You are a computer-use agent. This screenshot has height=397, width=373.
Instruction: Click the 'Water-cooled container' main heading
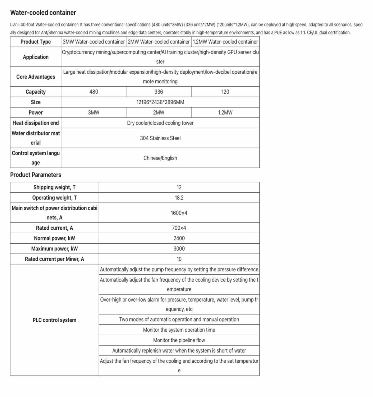tap(43, 13)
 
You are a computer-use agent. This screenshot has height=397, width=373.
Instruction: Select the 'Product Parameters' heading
tap(35, 175)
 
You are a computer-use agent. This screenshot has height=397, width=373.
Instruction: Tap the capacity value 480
tap(94, 92)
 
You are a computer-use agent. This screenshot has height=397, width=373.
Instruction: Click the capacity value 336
tap(158, 92)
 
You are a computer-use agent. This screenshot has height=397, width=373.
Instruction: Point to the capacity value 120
tap(225, 92)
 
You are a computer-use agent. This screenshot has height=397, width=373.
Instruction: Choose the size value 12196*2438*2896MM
tap(160, 102)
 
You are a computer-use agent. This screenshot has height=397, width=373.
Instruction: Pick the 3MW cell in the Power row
tap(94, 113)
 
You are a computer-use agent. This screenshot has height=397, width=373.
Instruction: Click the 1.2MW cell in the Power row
tap(225, 113)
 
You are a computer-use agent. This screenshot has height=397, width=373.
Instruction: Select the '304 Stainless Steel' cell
tap(160, 138)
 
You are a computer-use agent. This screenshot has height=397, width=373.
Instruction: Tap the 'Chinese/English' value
tap(160, 158)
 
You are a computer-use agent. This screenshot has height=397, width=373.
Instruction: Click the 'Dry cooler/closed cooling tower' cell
tap(160, 123)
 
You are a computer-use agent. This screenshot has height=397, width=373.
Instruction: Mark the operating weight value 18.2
tap(179, 198)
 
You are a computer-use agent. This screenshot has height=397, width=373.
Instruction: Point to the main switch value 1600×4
tap(179, 213)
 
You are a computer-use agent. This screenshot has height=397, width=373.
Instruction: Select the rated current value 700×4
tap(179, 228)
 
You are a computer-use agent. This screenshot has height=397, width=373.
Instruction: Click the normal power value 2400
tap(179, 238)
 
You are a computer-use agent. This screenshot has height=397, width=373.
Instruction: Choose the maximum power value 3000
tap(179, 248)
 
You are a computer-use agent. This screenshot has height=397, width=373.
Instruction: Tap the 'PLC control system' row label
tap(54, 320)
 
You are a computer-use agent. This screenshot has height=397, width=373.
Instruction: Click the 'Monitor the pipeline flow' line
tap(179, 340)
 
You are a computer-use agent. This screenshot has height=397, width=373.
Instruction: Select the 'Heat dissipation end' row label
tap(35, 123)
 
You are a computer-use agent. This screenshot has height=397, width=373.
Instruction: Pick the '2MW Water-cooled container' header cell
tap(158, 42)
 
